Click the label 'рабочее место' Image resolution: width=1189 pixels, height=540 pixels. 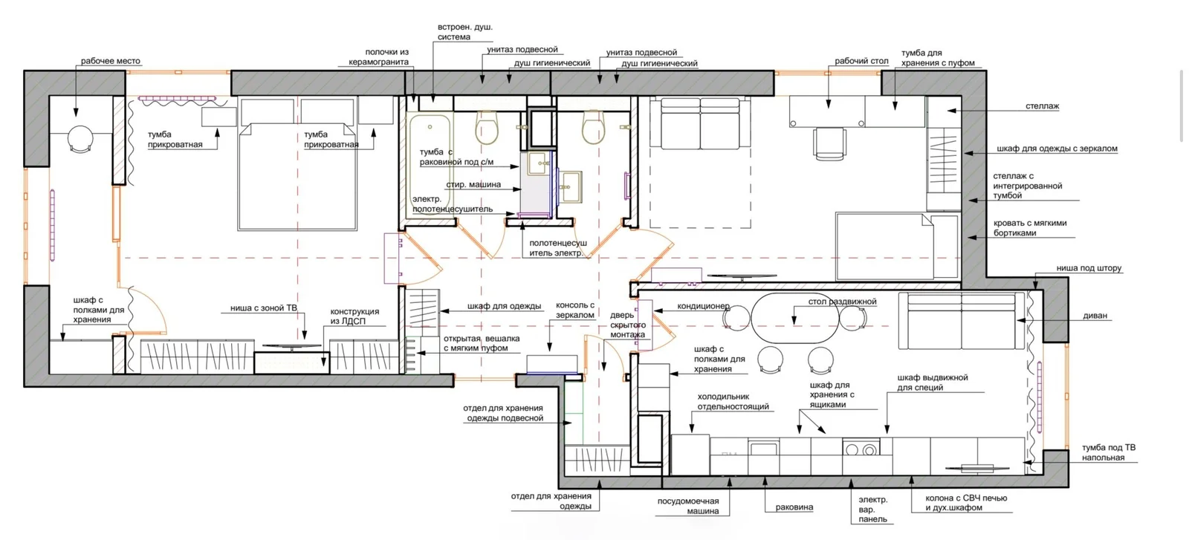tap(111, 61)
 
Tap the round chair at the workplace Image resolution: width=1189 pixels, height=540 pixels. tap(80, 139)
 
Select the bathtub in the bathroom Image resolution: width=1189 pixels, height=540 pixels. tap(430, 165)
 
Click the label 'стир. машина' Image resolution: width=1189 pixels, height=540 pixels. tap(473, 185)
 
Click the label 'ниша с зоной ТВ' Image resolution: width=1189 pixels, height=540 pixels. tap(264, 308)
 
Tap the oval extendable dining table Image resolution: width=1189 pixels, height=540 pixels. tap(795, 318)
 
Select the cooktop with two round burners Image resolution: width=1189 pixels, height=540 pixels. tap(861, 447)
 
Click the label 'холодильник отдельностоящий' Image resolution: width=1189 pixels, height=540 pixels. tap(733, 402)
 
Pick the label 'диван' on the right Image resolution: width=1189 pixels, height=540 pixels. tap(1095, 316)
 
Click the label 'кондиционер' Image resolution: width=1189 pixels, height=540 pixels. tap(703, 306)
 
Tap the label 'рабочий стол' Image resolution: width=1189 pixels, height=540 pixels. tap(861, 61)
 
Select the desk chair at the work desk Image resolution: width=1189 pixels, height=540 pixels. tap(829, 143)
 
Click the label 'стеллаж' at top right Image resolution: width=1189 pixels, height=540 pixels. tap(1042, 106)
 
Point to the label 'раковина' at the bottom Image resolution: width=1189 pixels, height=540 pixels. tap(794, 507)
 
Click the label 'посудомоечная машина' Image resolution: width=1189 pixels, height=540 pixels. tap(688, 506)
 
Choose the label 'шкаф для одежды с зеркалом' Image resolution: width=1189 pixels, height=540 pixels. tap(1057, 149)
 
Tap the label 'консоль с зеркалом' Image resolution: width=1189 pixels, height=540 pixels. tap(575, 310)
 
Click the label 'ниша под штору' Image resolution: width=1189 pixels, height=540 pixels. tap(1089, 268)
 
